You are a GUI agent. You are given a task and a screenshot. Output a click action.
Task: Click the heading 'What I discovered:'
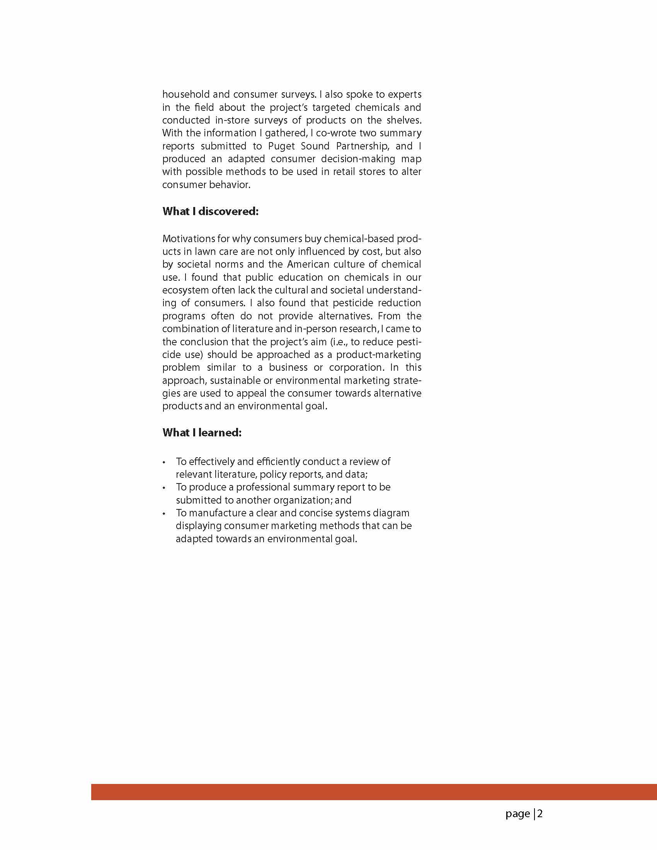click(210, 211)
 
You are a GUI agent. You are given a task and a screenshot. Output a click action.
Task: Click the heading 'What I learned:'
click(202, 433)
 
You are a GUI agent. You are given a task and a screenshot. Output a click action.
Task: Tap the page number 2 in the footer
click(540, 814)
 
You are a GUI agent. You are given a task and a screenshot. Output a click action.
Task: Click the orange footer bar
click(374, 792)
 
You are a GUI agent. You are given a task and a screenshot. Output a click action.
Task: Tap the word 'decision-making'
click(358, 159)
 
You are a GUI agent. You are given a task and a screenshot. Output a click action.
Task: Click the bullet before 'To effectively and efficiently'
click(164, 462)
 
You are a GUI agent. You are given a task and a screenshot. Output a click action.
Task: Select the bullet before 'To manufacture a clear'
click(164, 514)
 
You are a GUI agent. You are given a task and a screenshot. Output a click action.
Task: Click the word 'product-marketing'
click(378, 355)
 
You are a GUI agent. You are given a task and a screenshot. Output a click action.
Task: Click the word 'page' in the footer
click(517, 814)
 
